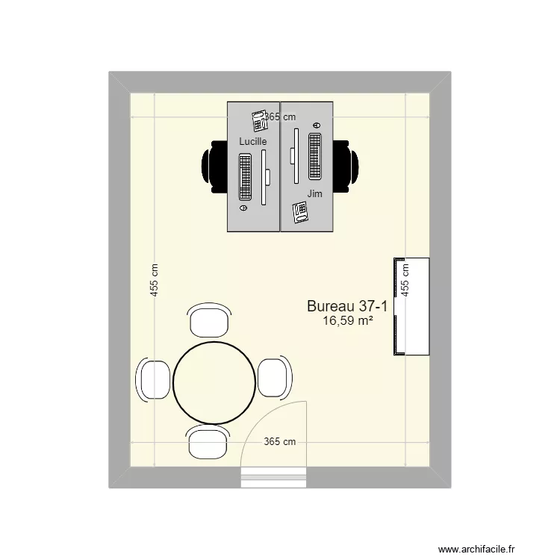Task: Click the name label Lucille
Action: pyautogui.click(x=253, y=141)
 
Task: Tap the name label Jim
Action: pyautogui.click(x=314, y=193)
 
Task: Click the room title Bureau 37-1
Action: pyautogui.click(x=347, y=306)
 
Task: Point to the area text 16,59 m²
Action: pyautogui.click(x=348, y=321)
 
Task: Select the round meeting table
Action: pyautogui.click(x=214, y=383)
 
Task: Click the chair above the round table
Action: pyautogui.click(x=209, y=320)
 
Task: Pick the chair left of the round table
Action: pyautogui.click(x=153, y=379)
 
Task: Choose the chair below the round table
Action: pyautogui.click(x=208, y=442)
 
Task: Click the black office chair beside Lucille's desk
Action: pyautogui.click(x=215, y=167)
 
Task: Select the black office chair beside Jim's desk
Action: pyautogui.click(x=346, y=167)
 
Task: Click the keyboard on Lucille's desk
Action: pyautogui.click(x=245, y=177)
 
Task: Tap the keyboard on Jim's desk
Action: pyautogui.click(x=314, y=156)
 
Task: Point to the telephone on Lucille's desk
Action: pyautogui.click(x=260, y=121)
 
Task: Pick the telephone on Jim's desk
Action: pyautogui.click(x=300, y=213)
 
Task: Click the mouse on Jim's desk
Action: pyautogui.click(x=317, y=125)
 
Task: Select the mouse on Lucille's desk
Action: pyautogui.click(x=243, y=208)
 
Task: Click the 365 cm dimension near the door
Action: pyautogui.click(x=280, y=442)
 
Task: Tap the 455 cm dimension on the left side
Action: pyautogui.click(x=154, y=280)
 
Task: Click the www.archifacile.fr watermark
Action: pyautogui.click(x=476, y=549)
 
